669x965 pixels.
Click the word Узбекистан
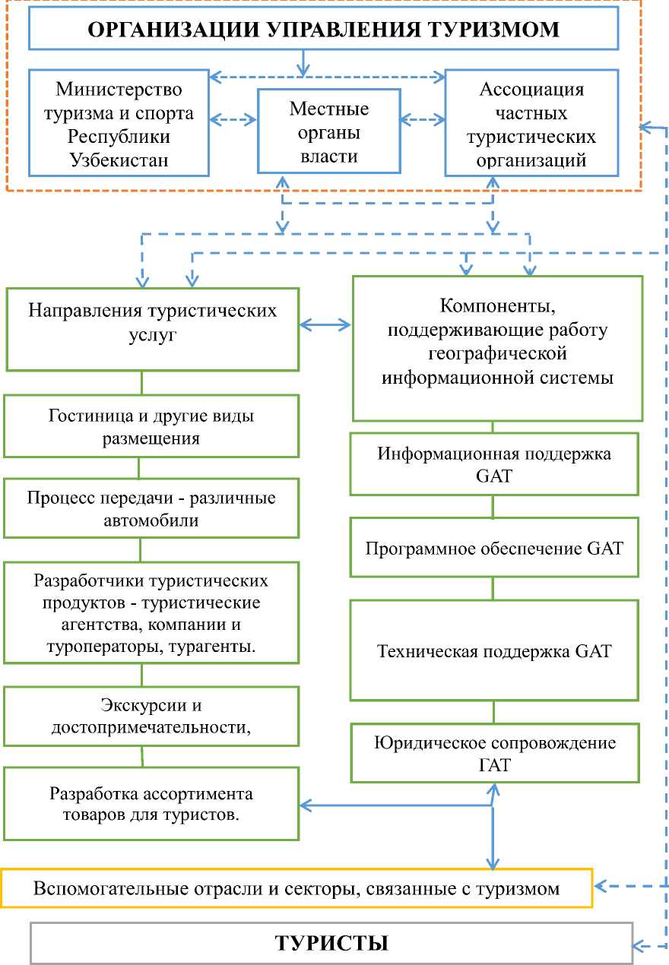[119, 160]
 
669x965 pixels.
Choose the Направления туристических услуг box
[152, 328]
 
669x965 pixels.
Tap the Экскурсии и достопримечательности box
[151, 716]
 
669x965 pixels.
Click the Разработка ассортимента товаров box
[151, 804]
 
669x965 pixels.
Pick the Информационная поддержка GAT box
[494, 464]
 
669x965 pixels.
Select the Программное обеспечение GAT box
[494, 547]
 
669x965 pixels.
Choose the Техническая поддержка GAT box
[494, 650]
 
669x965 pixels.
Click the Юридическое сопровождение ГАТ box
[494, 753]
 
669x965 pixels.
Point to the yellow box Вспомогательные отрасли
[296, 888]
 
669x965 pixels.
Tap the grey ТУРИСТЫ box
[331, 943]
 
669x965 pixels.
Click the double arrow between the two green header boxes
[325, 325]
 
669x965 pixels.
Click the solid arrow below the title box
[303, 62]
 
